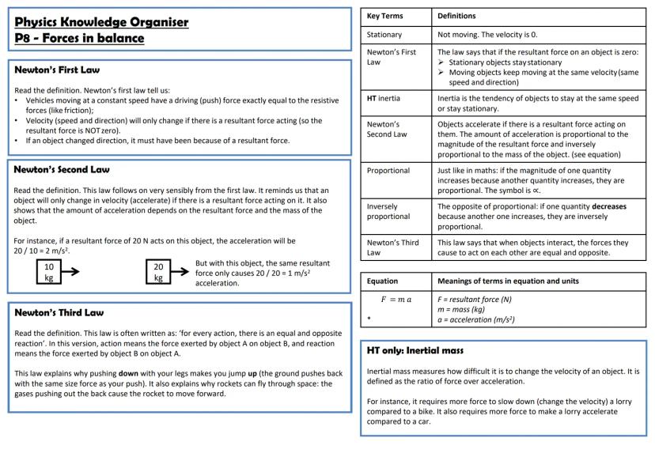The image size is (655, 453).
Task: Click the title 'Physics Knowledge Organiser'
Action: click(101, 21)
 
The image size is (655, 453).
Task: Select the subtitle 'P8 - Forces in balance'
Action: click(80, 38)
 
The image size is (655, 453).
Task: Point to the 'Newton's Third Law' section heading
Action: click(59, 312)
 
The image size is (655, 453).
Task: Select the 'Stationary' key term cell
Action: click(385, 35)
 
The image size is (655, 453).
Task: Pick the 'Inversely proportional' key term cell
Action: click(386, 212)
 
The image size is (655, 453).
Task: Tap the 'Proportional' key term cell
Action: click(388, 170)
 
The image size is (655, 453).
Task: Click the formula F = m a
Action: click(396, 300)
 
